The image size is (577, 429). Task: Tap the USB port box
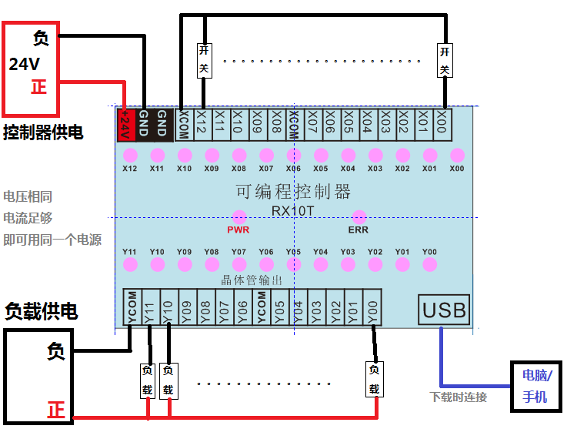[x=445, y=310]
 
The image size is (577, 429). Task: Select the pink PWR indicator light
[x=239, y=217]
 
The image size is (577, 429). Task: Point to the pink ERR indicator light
[x=359, y=217]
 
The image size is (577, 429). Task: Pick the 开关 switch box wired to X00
[x=444, y=59]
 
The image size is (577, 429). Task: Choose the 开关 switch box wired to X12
[x=203, y=59]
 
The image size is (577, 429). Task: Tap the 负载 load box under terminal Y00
[x=374, y=380]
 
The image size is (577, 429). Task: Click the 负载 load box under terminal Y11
[x=148, y=380]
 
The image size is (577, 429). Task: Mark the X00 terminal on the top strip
[x=442, y=124]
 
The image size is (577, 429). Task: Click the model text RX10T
[x=293, y=209]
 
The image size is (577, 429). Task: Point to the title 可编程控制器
[x=293, y=190]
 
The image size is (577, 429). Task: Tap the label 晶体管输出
[x=252, y=280]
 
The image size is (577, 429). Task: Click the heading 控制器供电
[x=43, y=132]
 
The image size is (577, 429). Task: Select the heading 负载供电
[x=42, y=311]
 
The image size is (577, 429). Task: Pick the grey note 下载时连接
[x=459, y=397]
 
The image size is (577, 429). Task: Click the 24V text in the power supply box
[x=24, y=65]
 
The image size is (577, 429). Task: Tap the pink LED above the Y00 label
[x=430, y=264]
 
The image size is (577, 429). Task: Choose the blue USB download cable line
[x=441, y=362]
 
